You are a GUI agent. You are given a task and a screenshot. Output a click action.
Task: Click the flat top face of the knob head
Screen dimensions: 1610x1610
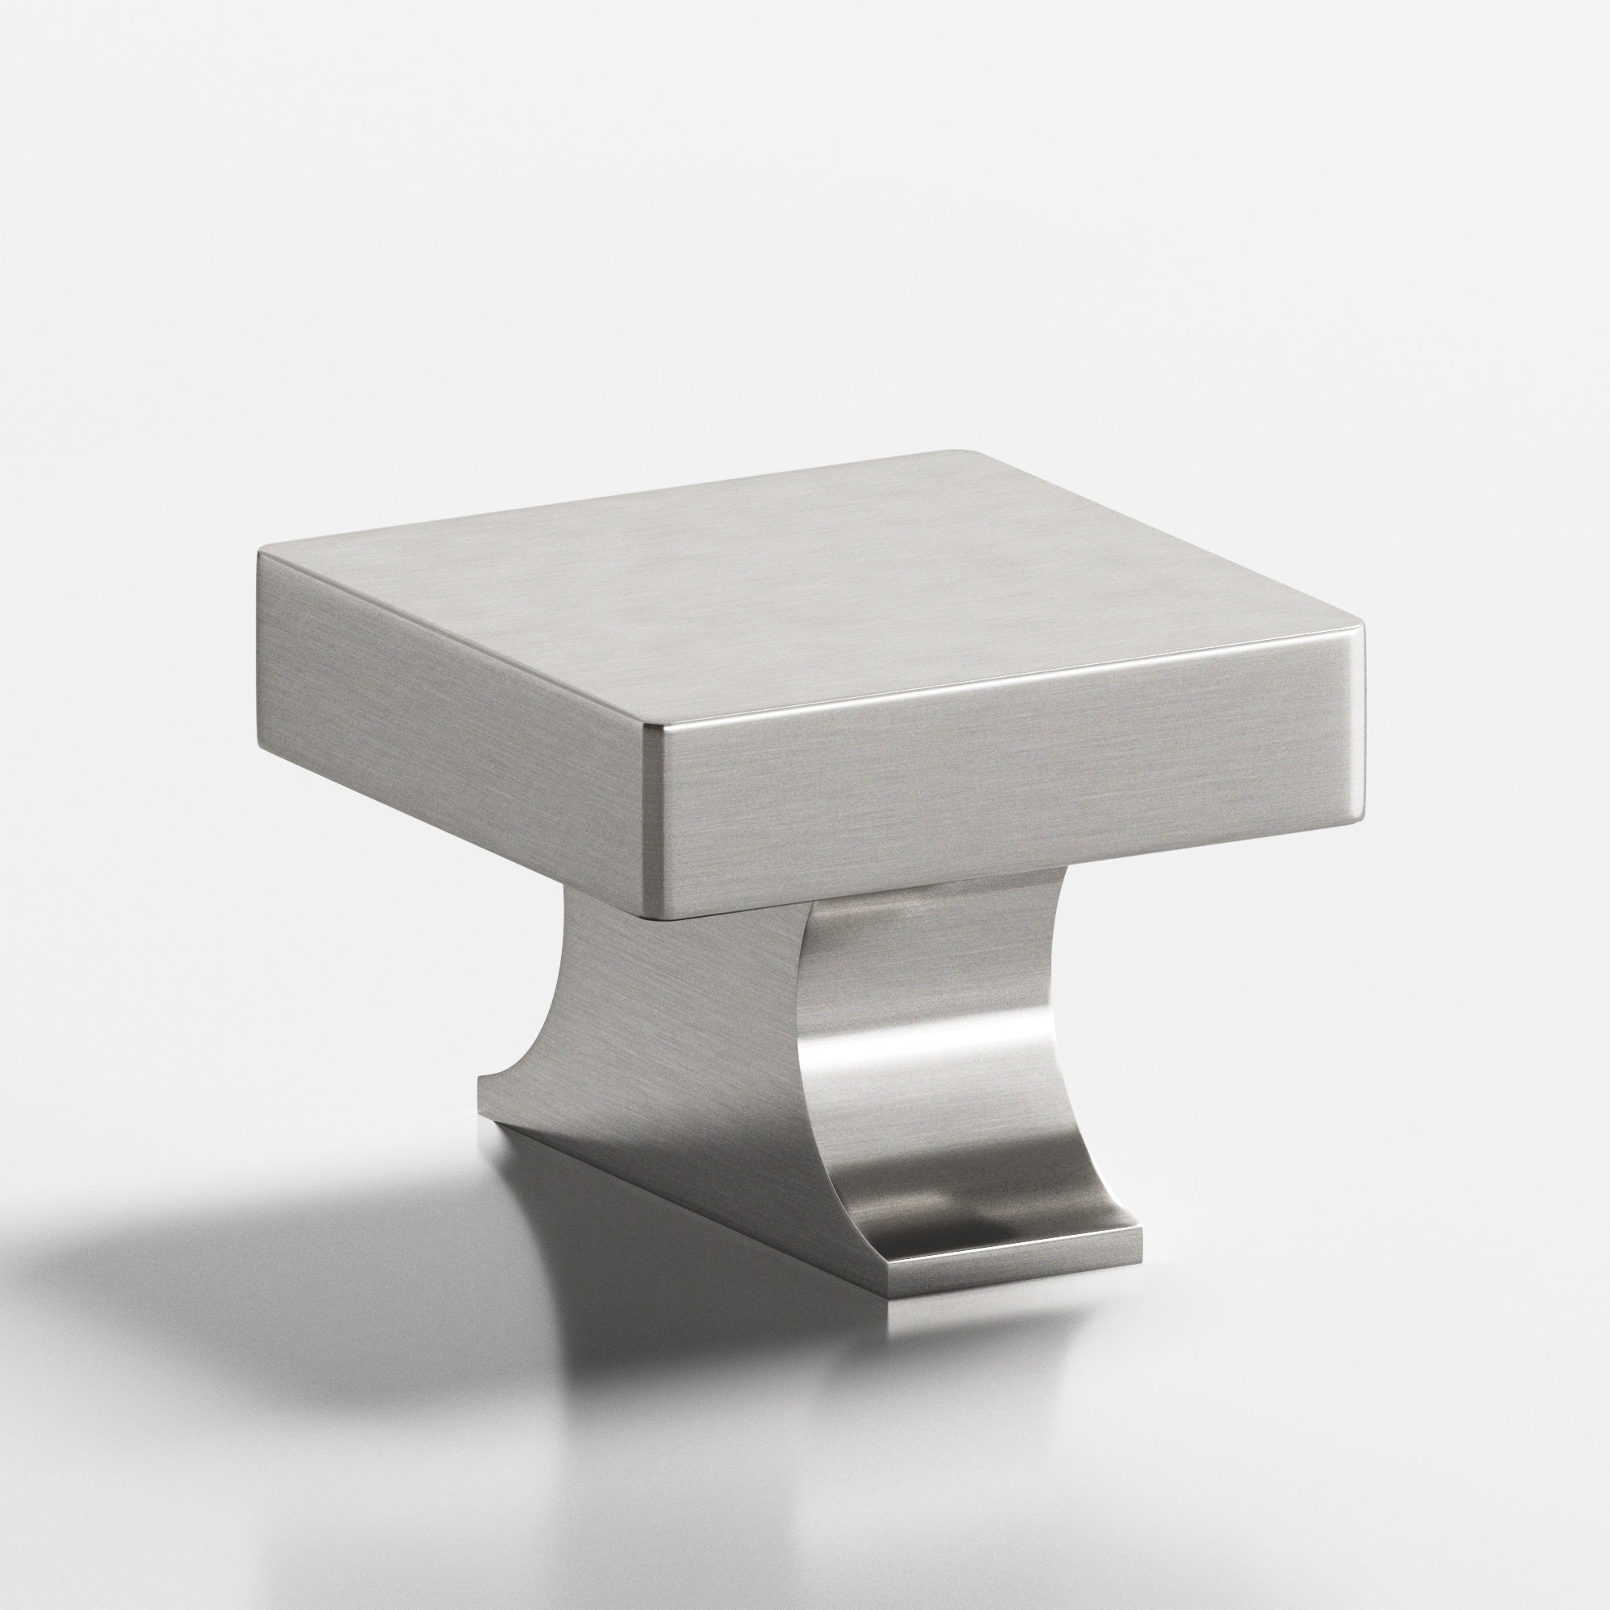point(800,584)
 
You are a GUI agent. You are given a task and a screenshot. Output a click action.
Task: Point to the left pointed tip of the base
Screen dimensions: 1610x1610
point(479,1080)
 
